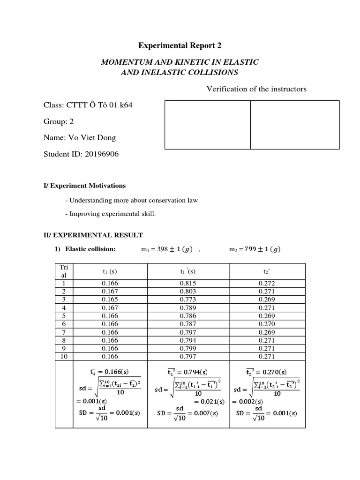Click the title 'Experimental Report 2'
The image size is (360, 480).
180,45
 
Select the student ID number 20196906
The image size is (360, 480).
102,154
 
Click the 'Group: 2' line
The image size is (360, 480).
59,121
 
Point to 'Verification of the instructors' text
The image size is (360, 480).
256,89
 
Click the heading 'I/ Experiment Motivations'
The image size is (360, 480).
84,186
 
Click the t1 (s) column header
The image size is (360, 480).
110,271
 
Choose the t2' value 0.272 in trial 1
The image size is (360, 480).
267,284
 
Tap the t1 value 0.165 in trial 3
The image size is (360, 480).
110,300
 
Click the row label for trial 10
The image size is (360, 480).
64,356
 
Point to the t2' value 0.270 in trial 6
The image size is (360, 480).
267,323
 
